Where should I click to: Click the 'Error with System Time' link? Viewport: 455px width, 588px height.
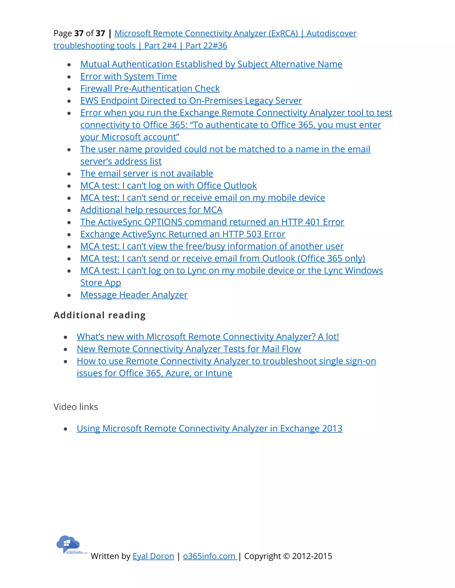128,77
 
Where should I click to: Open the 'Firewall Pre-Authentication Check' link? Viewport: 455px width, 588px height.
150,89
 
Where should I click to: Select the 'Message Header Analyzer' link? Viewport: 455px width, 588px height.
134,295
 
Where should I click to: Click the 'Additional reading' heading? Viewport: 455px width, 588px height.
100,315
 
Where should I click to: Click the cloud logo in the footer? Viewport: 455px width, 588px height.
68,544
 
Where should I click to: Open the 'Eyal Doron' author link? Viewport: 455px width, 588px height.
153,556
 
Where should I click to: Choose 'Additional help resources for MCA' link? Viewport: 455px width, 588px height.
151,210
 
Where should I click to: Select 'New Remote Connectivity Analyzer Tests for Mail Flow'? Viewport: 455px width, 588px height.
189,349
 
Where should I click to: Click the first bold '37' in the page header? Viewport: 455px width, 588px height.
79,33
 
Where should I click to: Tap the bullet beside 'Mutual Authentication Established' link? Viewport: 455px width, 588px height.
69,65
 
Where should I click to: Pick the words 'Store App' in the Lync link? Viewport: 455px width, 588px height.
101,283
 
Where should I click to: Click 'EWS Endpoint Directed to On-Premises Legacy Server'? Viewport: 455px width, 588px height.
191,101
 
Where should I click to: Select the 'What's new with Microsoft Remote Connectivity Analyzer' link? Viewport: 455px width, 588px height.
208,337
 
